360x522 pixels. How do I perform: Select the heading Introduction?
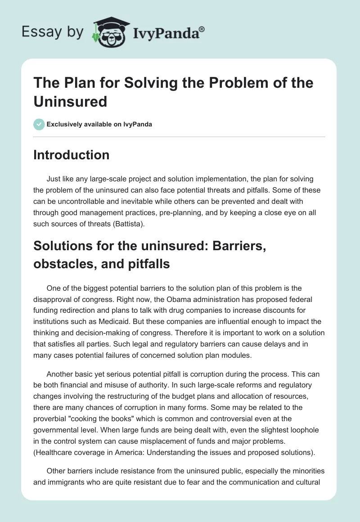pyautogui.click(x=72, y=155)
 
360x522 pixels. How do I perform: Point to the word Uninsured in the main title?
pyautogui.click(x=70, y=101)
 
